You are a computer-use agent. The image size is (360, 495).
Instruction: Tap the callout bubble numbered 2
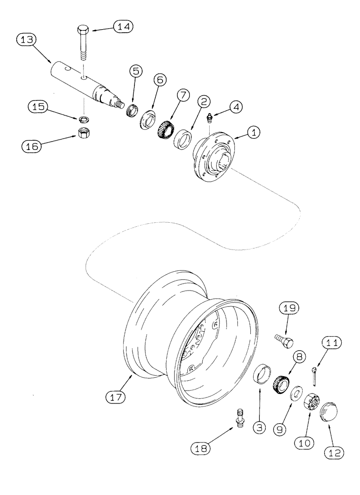click(203, 100)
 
